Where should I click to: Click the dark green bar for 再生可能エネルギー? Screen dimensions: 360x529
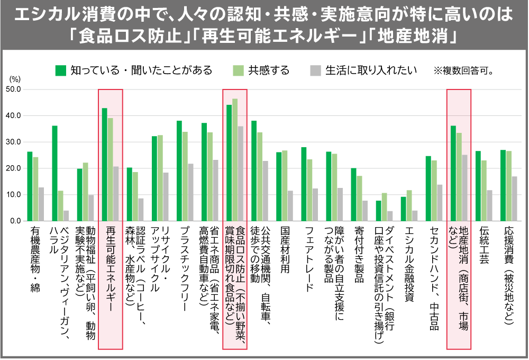pos(104,165)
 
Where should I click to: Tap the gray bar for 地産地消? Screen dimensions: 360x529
pos(464,188)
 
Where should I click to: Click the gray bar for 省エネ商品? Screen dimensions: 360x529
pos(215,191)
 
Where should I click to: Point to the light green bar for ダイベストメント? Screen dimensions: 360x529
pos(384,207)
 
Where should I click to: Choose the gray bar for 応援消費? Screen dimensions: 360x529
pos(514,199)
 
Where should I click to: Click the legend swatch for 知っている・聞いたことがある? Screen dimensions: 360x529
pos(61,70)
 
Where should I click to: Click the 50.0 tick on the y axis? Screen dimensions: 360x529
pos(13,89)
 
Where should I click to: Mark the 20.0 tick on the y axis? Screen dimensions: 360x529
pos(13,168)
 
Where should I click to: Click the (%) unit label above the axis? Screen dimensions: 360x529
pos(15,79)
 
